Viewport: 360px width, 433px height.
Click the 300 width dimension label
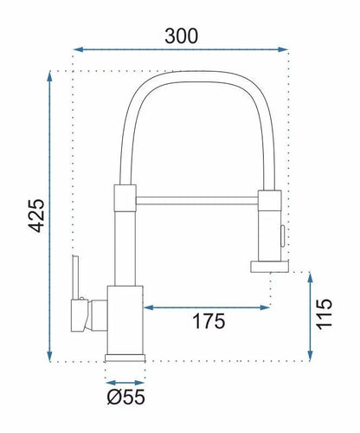[182, 36]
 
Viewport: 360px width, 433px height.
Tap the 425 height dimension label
[36, 216]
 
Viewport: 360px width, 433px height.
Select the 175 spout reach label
[209, 321]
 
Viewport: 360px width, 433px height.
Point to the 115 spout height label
[325, 314]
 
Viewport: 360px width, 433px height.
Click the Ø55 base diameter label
[125, 397]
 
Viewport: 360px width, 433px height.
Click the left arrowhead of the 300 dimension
[79, 49]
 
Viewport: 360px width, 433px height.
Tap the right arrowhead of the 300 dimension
[283, 49]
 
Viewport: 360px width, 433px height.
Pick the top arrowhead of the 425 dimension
[49, 76]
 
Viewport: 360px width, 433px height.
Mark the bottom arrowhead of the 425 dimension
[49, 356]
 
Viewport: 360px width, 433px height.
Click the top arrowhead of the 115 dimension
[311, 277]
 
